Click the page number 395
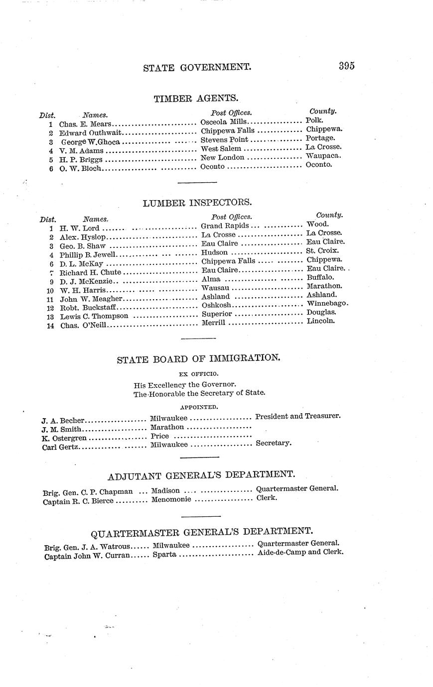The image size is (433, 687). click(x=346, y=66)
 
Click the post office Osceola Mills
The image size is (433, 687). click(x=224, y=122)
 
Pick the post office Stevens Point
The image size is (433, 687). click(x=224, y=140)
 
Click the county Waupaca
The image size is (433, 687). click(x=323, y=155)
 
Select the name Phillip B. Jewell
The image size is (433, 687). click(x=88, y=255)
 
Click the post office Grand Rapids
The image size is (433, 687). click(x=225, y=226)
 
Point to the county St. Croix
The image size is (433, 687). click(x=322, y=251)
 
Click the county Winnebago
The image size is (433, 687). click(x=327, y=303)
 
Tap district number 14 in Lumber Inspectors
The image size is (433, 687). click(x=50, y=326)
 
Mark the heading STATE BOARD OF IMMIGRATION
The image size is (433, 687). click(x=198, y=358)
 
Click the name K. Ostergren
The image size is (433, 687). click(x=64, y=438)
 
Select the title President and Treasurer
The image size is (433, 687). click(x=298, y=416)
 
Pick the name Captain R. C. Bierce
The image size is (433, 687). click(x=78, y=501)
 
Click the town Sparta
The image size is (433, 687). click(x=164, y=554)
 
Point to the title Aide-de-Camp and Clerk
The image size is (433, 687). click(x=300, y=552)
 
